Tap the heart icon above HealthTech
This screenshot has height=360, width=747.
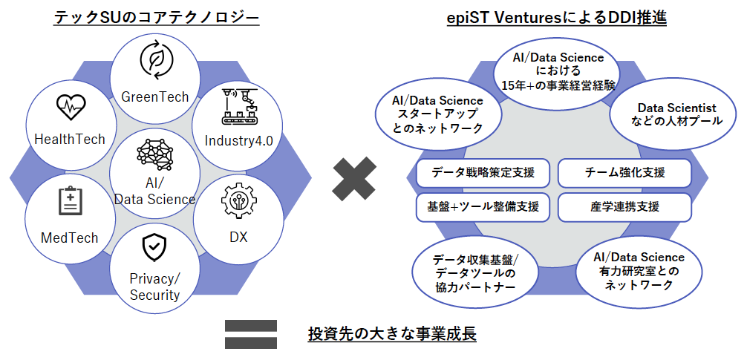click(71, 107)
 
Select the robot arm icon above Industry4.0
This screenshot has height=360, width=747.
click(240, 107)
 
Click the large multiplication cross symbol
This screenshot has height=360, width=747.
click(354, 179)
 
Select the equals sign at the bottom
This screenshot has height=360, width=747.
click(250, 334)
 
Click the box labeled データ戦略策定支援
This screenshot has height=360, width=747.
click(483, 173)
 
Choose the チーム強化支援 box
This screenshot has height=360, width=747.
click(624, 173)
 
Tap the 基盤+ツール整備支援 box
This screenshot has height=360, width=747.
click(483, 207)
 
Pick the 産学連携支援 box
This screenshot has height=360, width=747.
click(624, 207)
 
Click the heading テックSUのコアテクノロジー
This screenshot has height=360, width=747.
click(156, 18)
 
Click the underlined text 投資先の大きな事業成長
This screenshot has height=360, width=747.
click(392, 334)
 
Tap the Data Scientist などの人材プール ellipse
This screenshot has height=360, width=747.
click(677, 115)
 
